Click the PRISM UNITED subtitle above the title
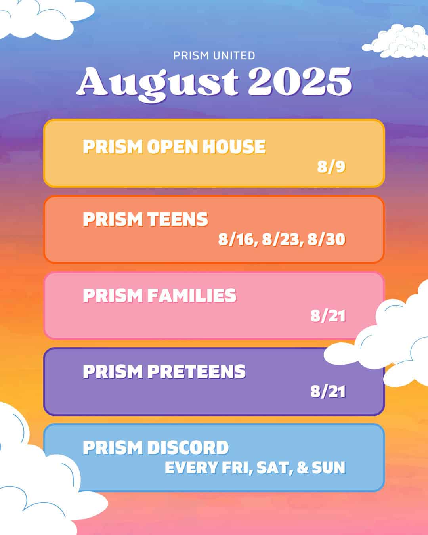[x=214, y=55]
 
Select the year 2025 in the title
[x=300, y=82]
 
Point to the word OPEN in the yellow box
[x=173, y=147]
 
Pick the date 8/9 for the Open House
[x=331, y=166]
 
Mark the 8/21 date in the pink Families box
[x=328, y=316]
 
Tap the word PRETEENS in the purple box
[x=197, y=372]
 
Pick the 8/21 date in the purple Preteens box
[x=328, y=392]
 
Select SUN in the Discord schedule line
[x=329, y=468]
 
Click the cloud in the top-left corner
[x=44, y=18]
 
